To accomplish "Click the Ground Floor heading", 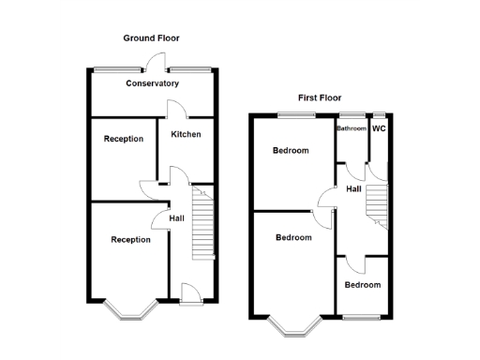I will pyautogui.click(x=151, y=38).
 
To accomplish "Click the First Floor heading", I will pyautogui.click(x=320, y=97).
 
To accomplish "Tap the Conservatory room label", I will pyautogui.click(x=152, y=83).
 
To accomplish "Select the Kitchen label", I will pyautogui.click(x=186, y=134).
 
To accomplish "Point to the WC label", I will pyautogui.click(x=380, y=127).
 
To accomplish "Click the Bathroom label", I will pyautogui.click(x=352, y=128).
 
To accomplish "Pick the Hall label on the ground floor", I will pyautogui.click(x=176, y=218).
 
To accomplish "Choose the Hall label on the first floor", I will pyautogui.click(x=354, y=189).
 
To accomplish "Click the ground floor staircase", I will pyautogui.click(x=203, y=225).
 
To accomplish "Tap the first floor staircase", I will pyautogui.click(x=377, y=203).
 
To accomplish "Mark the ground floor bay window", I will pyautogui.click(x=130, y=309).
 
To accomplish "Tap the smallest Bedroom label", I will pyautogui.click(x=362, y=285).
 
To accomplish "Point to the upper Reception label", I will pyautogui.click(x=124, y=139).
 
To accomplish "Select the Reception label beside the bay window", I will pyautogui.click(x=130, y=240).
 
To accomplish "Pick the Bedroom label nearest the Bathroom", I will pyautogui.click(x=291, y=151).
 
